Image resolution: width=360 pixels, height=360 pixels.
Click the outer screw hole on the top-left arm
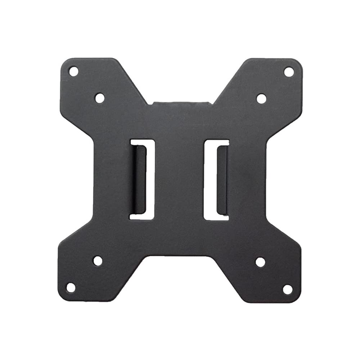[73, 71]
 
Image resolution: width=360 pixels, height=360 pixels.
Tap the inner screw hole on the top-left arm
[100, 98]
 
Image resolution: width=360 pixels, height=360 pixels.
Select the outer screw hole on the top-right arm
[289, 72]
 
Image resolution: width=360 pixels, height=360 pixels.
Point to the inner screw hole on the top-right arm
[261, 98]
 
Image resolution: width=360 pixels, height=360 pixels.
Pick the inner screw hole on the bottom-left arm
[98, 261]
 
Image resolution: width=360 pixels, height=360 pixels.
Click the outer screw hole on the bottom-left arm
[71, 287]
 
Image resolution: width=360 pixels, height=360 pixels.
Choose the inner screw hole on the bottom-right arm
[260, 262]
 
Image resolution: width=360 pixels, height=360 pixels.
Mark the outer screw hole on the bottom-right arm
[287, 289]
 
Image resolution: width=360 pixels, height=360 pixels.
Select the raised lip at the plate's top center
[180, 103]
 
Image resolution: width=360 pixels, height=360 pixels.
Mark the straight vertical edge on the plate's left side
[94, 180]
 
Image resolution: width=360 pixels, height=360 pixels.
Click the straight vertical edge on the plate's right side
[266, 180]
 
